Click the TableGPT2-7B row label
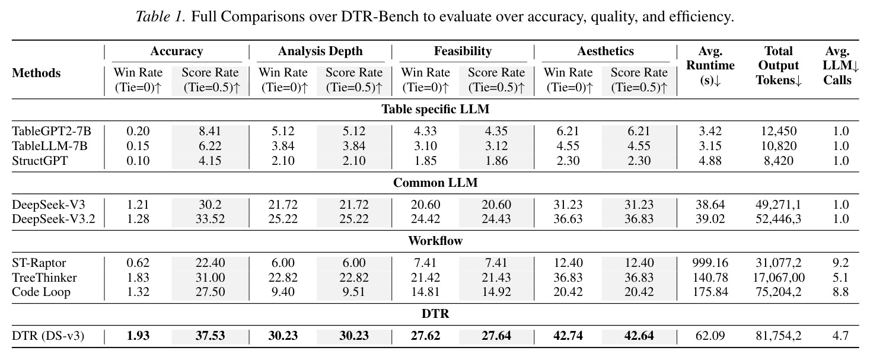tap(51, 131)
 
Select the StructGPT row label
tap(40, 161)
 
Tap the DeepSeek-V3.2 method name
tap(53, 219)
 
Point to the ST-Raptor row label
tap(39, 263)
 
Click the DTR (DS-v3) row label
tap(48, 336)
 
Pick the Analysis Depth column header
tap(320, 51)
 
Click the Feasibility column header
tap(463, 51)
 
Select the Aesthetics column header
tap(605, 51)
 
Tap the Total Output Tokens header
tap(778, 66)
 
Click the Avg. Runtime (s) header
tap(710, 66)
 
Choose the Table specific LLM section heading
tap(435, 109)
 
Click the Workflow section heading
tap(435, 241)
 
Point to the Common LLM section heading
tap(435, 183)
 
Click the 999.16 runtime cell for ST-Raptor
tap(710, 263)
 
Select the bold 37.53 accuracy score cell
tap(210, 336)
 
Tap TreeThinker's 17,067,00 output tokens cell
tap(778, 278)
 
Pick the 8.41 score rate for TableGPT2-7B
tap(210, 131)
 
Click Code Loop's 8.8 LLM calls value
tap(840, 292)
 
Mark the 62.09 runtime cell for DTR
tap(710, 336)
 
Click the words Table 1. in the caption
tap(161, 17)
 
